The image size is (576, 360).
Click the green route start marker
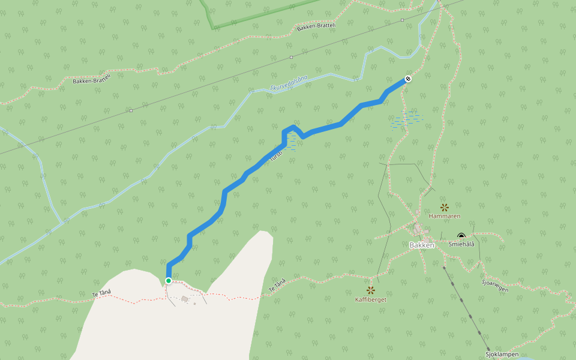(x=169, y=280)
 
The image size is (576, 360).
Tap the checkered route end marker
(x=408, y=79)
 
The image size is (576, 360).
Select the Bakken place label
(x=421, y=245)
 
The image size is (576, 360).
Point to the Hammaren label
(x=445, y=215)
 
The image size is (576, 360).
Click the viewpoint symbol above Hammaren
(x=445, y=206)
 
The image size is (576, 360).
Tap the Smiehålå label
(x=461, y=244)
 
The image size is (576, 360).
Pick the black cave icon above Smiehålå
(x=461, y=236)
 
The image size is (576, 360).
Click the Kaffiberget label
(x=371, y=299)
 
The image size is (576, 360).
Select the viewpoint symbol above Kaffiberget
(x=371, y=290)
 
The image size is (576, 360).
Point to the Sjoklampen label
(x=502, y=355)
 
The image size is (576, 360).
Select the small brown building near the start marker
(x=184, y=299)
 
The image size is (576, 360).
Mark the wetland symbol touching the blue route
(x=291, y=142)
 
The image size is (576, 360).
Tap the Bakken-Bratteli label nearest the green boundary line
(x=316, y=28)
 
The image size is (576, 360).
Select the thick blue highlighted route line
(x=225, y=198)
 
